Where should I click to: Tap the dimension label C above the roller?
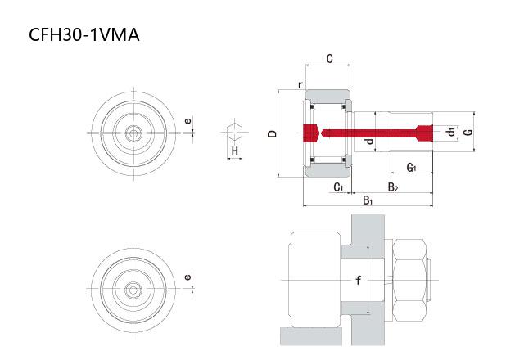click(328, 59)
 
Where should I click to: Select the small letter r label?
click(300, 84)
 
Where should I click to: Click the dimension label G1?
click(412, 168)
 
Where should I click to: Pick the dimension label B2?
click(393, 187)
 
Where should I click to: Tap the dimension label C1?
click(338, 187)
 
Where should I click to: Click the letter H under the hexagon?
click(234, 151)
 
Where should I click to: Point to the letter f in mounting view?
click(358, 280)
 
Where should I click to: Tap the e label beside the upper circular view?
click(188, 122)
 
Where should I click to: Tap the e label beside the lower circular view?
click(188, 277)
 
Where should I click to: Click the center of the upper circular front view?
click(133, 132)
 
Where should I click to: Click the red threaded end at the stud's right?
click(423, 133)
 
